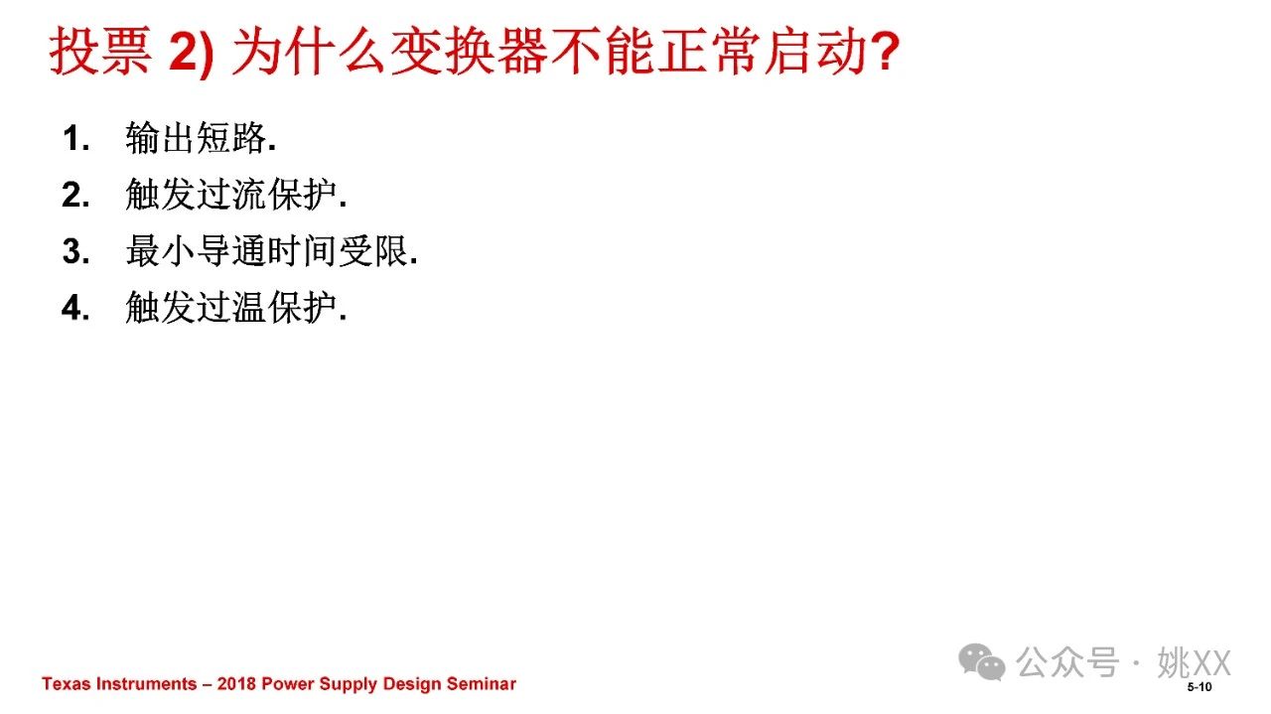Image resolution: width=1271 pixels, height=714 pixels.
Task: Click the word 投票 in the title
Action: tap(100, 51)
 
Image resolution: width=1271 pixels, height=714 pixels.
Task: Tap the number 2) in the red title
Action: tap(192, 53)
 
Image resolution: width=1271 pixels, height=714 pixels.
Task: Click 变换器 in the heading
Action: tap(470, 51)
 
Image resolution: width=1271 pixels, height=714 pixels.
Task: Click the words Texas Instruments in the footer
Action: tap(119, 683)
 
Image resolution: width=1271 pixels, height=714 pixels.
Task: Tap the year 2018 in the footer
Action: tap(236, 683)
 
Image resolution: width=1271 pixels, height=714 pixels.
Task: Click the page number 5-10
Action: tap(1200, 687)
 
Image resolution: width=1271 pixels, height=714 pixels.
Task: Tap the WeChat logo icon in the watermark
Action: tap(982, 661)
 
